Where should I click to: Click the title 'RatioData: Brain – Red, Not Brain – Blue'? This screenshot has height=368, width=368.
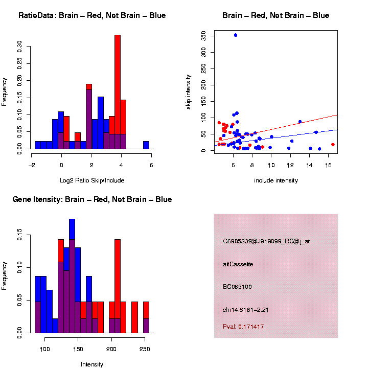(x=92, y=15)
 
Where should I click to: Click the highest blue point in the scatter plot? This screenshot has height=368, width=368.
(x=235, y=35)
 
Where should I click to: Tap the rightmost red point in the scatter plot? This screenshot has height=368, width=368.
(x=333, y=144)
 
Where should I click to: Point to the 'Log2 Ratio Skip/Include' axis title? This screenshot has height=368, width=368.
(x=92, y=180)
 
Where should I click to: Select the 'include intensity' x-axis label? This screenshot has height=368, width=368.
(x=276, y=180)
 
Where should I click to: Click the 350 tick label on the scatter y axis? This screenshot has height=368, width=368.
(x=203, y=35)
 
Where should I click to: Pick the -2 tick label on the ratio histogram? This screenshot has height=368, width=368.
(x=32, y=165)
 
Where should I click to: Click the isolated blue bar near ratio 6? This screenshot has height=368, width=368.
(x=146, y=145)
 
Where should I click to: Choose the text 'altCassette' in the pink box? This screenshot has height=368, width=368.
(x=238, y=264)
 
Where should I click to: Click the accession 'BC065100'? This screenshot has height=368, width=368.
(x=237, y=287)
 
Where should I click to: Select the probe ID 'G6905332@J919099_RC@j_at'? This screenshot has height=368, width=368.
(x=266, y=241)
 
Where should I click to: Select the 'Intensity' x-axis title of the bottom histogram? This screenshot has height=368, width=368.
(x=92, y=364)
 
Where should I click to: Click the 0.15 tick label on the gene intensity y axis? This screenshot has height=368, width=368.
(x=20, y=237)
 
